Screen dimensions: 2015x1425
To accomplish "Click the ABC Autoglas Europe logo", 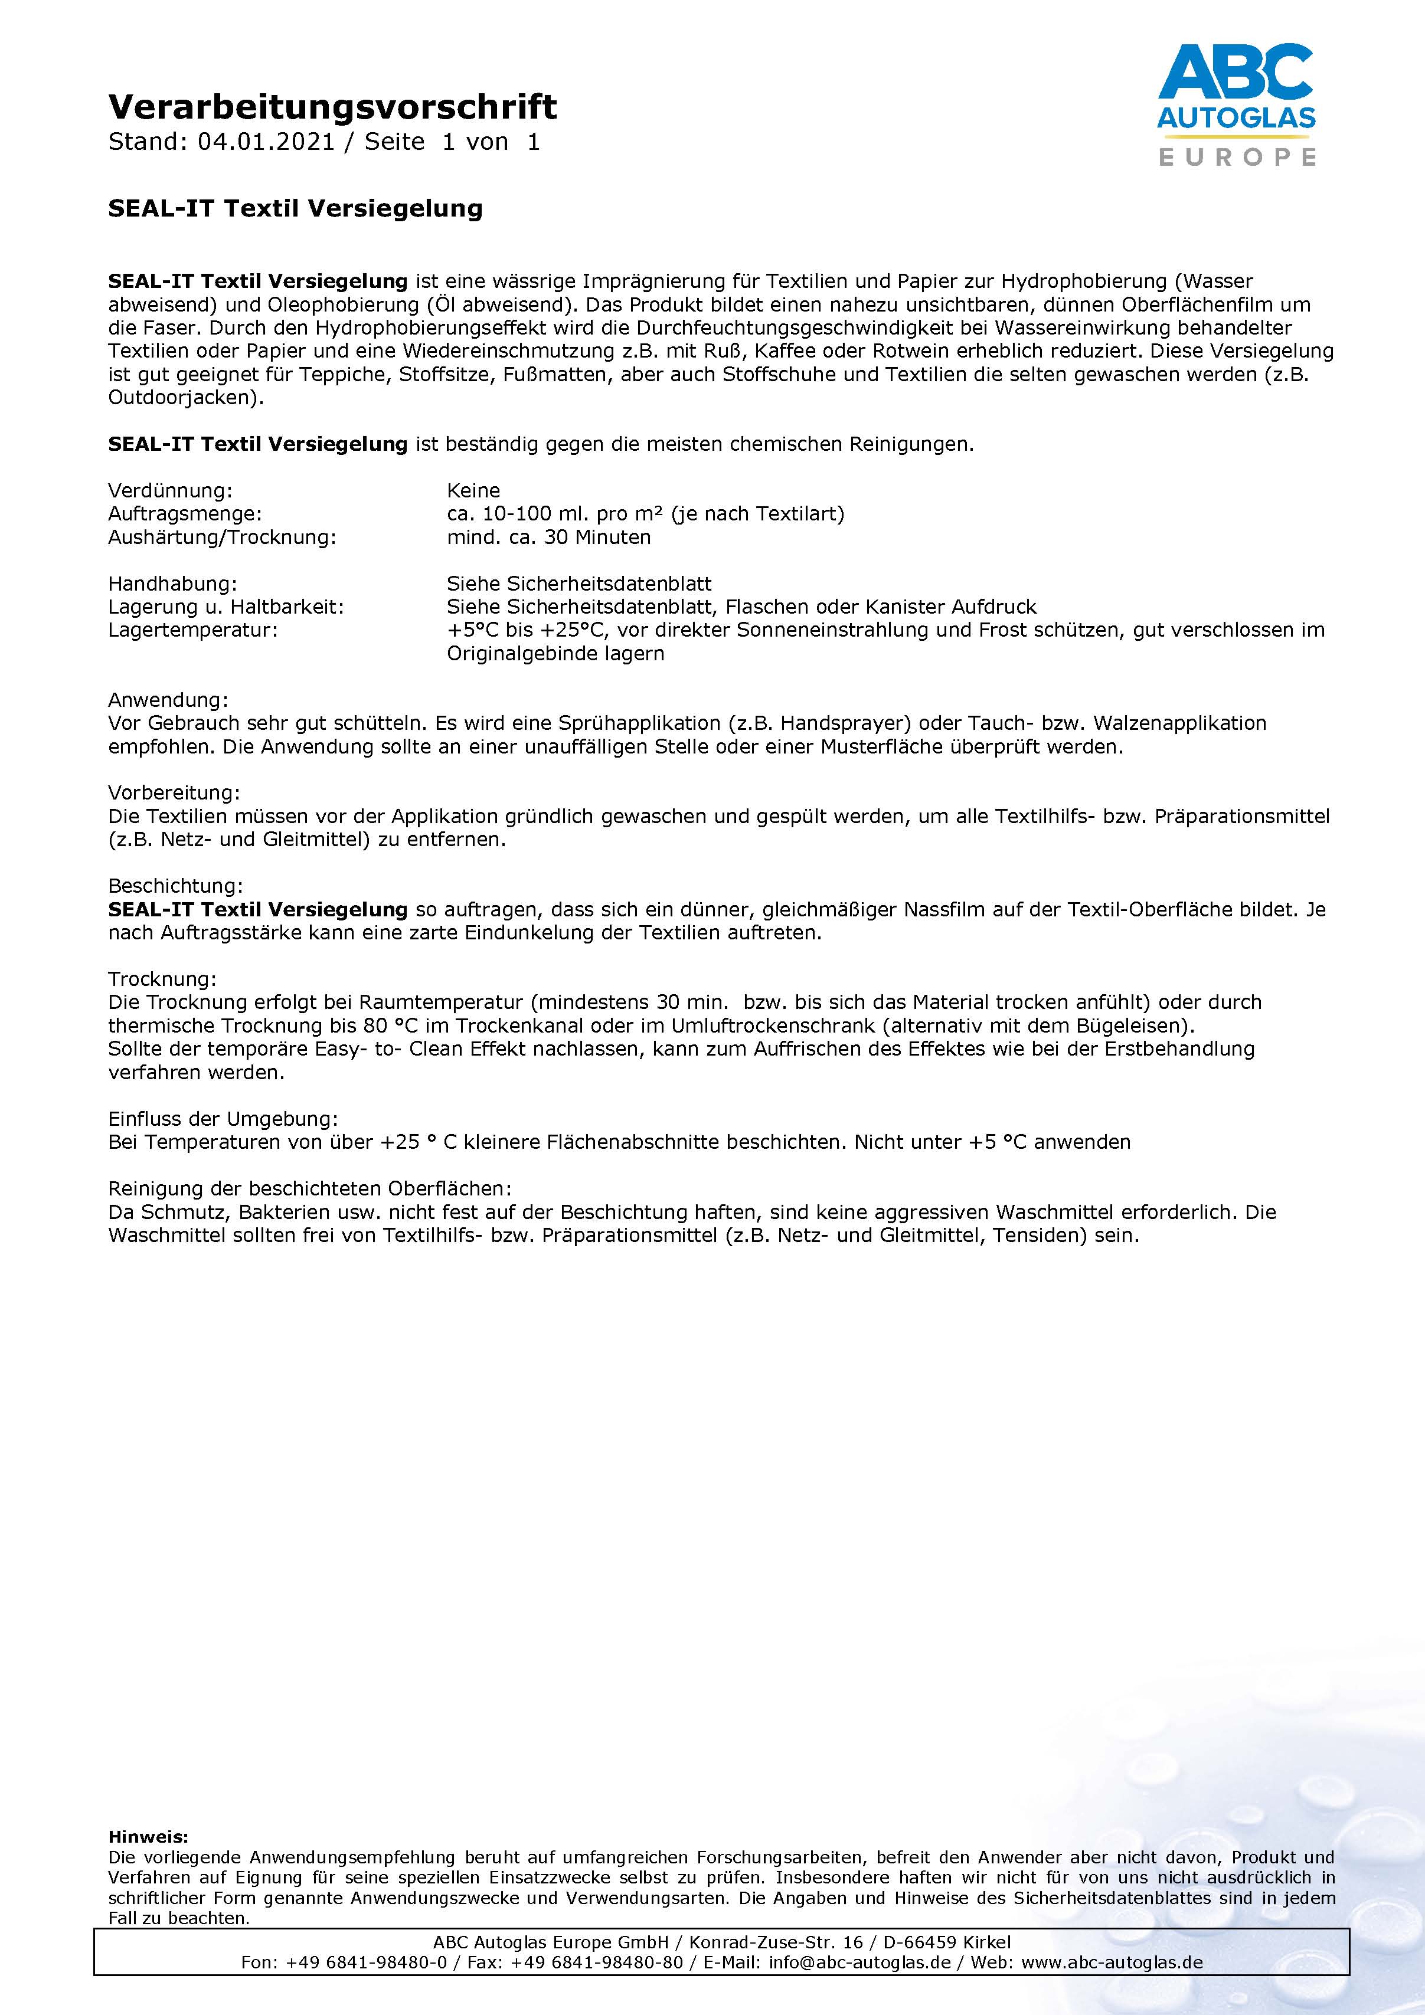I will (x=1236, y=104).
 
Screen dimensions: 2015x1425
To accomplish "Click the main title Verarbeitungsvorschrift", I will (x=332, y=107).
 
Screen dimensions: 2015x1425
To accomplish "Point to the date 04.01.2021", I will (x=266, y=142).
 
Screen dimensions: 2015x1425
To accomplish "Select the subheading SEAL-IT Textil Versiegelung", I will (x=295, y=209).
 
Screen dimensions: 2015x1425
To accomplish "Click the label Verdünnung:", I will (x=171, y=490).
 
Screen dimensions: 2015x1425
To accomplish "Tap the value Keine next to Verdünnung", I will (x=473, y=490).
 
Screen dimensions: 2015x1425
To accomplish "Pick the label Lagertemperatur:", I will (x=192, y=630).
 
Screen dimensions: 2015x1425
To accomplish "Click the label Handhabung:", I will (x=172, y=584).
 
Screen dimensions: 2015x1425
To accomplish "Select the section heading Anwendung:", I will (x=168, y=700).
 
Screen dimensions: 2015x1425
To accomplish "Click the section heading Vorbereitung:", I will (x=174, y=794).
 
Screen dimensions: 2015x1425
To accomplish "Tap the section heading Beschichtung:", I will (x=175, y=886).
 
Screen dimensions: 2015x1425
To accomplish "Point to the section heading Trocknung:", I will (x=162, y=979).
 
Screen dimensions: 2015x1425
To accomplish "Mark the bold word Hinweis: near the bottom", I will (x=148, y=1836).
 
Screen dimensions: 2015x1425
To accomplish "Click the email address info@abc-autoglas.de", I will (x=859, y=1962).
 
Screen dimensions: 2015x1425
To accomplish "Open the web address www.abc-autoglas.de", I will (x=1112, y=1962).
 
